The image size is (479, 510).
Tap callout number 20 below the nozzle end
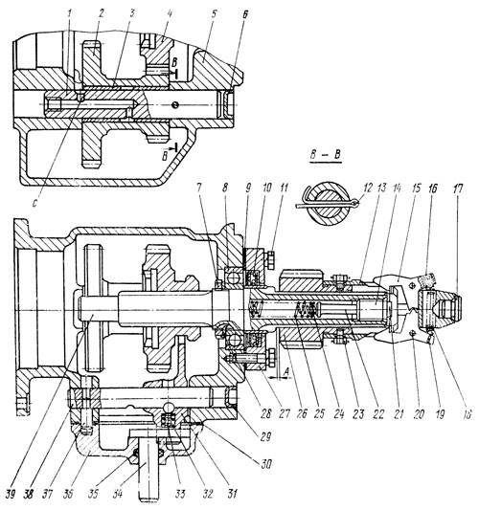click(415, 386)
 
